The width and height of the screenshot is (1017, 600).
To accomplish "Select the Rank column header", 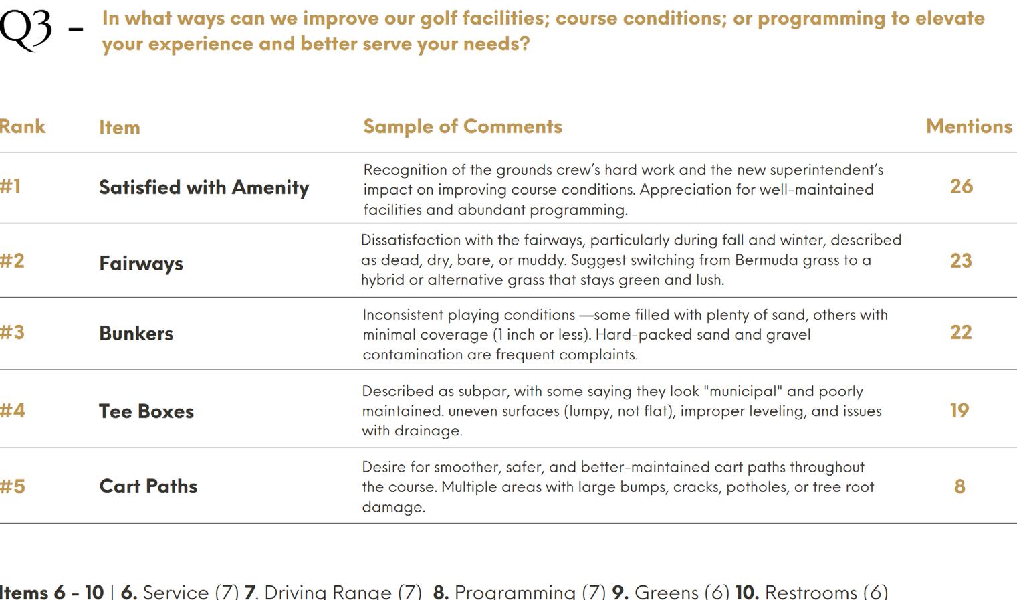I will pyautogui.click(x=23, y=126).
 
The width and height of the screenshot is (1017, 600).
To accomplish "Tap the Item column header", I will pyautogui.click(x=120, y=127).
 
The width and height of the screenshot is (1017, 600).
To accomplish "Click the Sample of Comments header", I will pyautogui.click(x=462, y=126).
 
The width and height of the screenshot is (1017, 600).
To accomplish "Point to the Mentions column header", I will pyautogui.click(x=969, y=126).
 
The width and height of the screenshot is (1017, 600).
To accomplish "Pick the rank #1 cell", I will pyautogui.click(x=11, y=186).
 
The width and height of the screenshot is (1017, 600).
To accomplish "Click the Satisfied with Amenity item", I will pyautogui.click(x=204, y=187).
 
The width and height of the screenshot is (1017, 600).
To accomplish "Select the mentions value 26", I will pyautogui.click(x=962, y=186).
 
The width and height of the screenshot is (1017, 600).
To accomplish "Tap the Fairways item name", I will pyautogui.click(x=141, y=263).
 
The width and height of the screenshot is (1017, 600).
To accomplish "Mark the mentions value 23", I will pyautogui.click(x=961, y=260).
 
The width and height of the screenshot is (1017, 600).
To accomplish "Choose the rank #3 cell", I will pyautogui.click(x=12, y=332).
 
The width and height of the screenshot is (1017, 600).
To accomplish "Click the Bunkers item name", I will pyautogui.click(x=136, y=333).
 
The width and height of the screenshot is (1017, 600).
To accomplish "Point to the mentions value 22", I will pyautogui.click(x=961, y=332).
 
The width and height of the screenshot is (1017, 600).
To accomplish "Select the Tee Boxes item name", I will pyautogui.click(x=146, y=411).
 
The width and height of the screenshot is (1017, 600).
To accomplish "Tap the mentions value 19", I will pyautogui.click(x=959, y=410).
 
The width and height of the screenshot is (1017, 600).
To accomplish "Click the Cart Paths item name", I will pyautogui.click(x=148, y=486).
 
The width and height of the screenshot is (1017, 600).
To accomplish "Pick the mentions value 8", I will pyautogui.click(x=959, y=486).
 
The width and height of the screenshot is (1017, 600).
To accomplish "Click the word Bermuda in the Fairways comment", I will pyautogui.click(x=766, y=260).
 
